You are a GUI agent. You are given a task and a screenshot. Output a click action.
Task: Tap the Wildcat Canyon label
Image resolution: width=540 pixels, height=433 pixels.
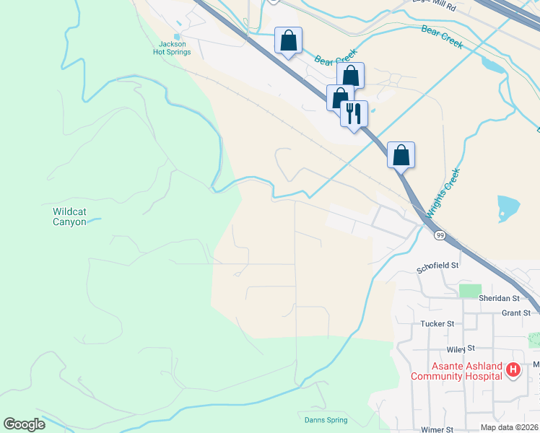(x=69, y=216)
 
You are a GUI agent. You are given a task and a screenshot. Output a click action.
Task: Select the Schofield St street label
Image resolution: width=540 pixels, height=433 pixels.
(x=437, y=266)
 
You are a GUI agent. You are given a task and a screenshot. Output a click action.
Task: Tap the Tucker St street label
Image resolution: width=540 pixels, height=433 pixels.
(x=437, y=324)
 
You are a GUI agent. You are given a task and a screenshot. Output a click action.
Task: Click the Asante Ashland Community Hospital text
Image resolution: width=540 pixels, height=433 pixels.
(x=456, y=371)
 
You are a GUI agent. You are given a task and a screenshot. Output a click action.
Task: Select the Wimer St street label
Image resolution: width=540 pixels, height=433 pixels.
(x=437, y=429)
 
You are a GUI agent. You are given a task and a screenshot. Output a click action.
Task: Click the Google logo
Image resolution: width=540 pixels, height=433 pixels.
(x=24, y=424)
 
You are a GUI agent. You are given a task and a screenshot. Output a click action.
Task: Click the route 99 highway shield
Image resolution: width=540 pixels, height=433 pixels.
(x=439, y=235)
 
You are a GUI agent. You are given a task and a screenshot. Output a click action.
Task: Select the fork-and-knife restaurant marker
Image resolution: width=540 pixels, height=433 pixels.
(x=354, y=113)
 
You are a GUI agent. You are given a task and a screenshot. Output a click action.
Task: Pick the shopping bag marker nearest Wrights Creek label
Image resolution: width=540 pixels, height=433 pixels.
(x=401, y=154)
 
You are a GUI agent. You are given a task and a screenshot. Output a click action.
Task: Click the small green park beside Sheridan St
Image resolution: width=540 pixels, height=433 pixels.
(x=470, y=289)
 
